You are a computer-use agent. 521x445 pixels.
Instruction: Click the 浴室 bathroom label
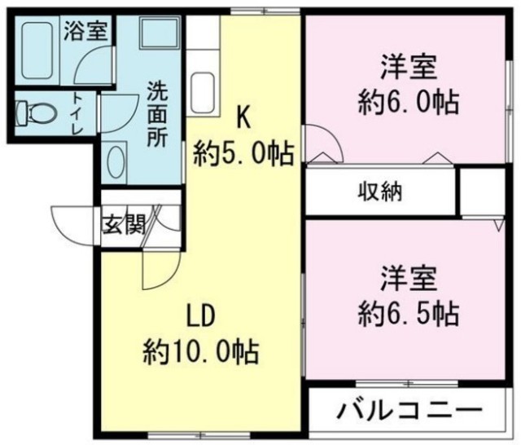pos(85,31)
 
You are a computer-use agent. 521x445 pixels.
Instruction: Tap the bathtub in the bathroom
pos(37,51)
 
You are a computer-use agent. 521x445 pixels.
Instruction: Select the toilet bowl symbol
pos(36,113)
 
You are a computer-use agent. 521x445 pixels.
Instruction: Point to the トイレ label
pos(78,113)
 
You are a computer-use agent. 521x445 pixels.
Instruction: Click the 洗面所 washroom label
pos(157,114)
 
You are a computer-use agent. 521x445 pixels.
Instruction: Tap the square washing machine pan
pos(159,33)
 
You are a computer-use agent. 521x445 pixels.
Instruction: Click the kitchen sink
pos(204,94)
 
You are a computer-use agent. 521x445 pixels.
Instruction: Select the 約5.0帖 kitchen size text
pos(244,154)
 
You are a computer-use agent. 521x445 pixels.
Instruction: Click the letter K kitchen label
pos(243,118)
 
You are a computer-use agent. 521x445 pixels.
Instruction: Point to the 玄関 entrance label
pos(125,224)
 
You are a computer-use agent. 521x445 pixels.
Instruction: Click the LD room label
pos(201,317)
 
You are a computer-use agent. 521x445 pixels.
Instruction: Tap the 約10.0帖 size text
pos(201,352)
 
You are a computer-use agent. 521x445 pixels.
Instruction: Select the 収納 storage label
pos(380,192)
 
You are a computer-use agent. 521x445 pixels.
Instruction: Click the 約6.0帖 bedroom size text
pos(409,102)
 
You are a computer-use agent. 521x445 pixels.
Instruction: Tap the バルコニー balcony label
pos(409,408)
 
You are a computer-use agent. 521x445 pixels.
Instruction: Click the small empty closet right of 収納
pos(483,192)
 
